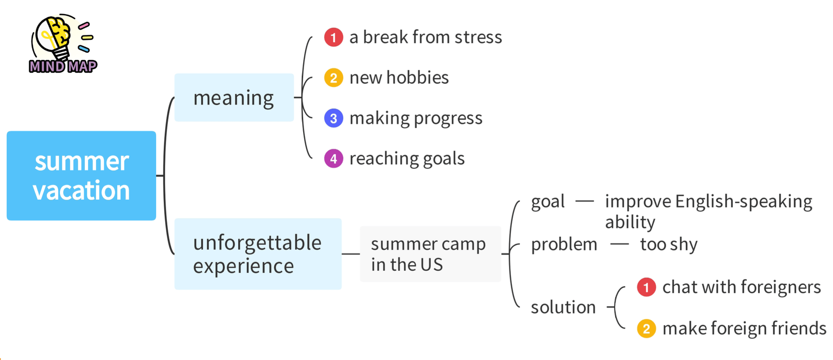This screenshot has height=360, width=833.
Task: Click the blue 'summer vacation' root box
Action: coord(81,175)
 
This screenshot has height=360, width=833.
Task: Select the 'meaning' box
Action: coord(234,97)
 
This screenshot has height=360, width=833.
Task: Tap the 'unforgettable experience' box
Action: coord(258,254)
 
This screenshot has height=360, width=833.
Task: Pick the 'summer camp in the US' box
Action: coord(430,254)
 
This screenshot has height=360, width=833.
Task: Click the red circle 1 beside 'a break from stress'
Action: coord(334,37)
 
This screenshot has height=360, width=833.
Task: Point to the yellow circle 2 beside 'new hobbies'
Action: coord(334,78)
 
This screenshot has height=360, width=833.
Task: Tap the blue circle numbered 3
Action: coord(334,118)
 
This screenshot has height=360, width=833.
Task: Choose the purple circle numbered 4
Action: coord(334,158)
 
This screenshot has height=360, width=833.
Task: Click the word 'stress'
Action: coord(478,37)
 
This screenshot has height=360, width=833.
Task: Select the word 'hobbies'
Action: coord(418,77)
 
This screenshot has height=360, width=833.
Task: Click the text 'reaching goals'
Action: coord(407,159)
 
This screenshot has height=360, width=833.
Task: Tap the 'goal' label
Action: coord(548,202)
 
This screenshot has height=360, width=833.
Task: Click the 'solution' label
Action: coord(563,307)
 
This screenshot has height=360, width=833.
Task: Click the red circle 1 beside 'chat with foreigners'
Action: coord(646,287)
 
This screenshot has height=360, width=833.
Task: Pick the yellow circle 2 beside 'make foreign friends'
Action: coord(646,328)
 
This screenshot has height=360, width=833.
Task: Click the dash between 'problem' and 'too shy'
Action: coord(619,245)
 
